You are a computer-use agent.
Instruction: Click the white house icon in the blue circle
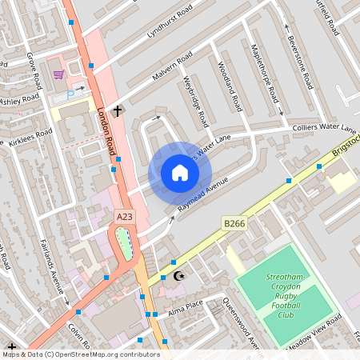tap(180, 173)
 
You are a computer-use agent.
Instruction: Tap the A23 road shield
tap(124, 217)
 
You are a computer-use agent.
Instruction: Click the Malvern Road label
tap(172, 67)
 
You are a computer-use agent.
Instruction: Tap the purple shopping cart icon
tap(58, 74)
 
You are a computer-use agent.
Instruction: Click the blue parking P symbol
tap(70, 94)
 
